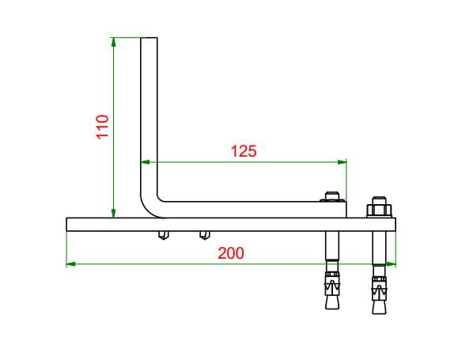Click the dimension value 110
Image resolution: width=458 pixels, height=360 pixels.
coord(103,127)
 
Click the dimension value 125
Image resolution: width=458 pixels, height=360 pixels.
coord(244,151)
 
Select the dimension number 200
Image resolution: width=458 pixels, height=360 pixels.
coord(231,253)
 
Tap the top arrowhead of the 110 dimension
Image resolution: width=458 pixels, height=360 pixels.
coord(114,42)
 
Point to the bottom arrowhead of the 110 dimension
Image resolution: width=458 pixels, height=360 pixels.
coord(114,214)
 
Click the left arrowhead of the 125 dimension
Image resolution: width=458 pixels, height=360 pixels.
coord(146,162)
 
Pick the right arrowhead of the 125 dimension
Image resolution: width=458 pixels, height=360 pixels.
coord(342,162)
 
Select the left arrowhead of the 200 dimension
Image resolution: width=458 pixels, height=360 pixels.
coord(71,264)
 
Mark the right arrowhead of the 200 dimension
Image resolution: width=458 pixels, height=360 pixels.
coord(392,264)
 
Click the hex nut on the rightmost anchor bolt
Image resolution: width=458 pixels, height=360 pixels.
coord(379,210)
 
